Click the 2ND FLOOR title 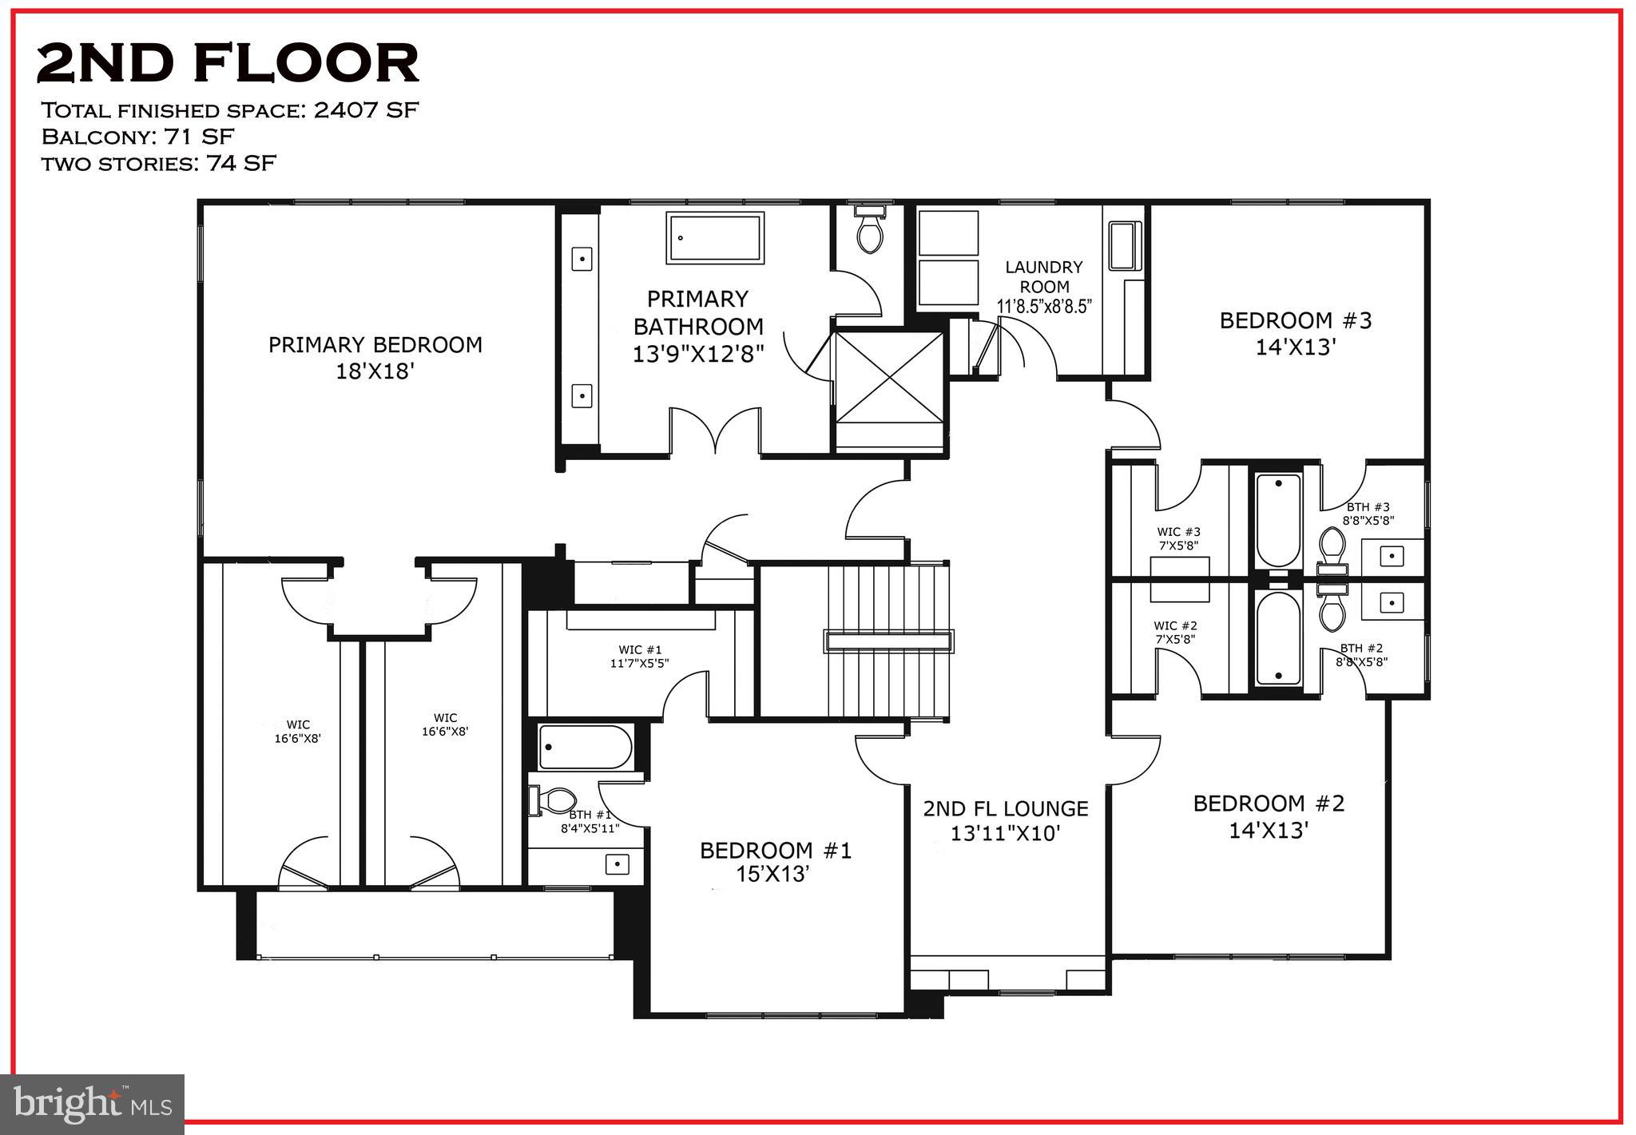click(x=228, y=63)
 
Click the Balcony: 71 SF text click(x=137, y=137)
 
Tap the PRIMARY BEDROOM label click(x=375, y=345)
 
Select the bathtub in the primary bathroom click(x=716, y=237)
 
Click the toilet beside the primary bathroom click(x=869, y=229)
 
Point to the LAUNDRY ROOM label click(x=1044, y=276)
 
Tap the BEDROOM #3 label click(x=1295, y=321)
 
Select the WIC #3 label click(x=1178, y=532)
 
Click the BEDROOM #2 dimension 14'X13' click(x=1268, y=831)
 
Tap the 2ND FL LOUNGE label click(x=1006, y=808)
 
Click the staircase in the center click(x=888, y=641)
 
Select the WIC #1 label click(x=640, y=650)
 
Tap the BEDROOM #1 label click(x=775, y=851)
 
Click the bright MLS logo click(x=93, y=1104)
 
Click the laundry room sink click(x=1124, y=246)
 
